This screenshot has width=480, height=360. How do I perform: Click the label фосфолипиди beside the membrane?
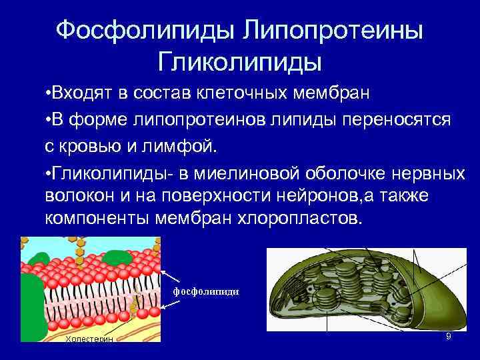tap(206, 292)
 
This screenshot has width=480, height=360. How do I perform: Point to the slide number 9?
tap(448, 337)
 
